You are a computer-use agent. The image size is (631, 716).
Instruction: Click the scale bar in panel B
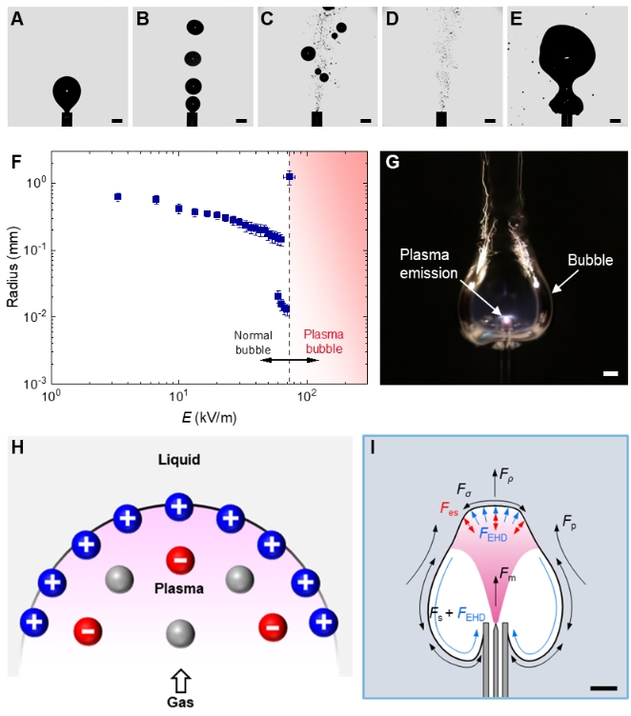tap(241, 121)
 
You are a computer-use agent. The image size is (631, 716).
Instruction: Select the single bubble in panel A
tap(67, 93)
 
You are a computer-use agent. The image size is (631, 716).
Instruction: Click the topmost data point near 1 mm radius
tap(290, 176)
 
